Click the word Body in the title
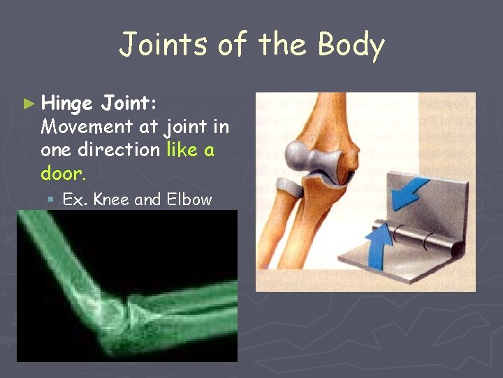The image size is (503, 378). click(351, 45)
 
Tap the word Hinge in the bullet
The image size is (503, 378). click(67, 104)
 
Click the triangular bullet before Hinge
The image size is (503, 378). click(29, 104)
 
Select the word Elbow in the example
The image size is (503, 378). click(188, 199)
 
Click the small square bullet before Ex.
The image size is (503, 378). click(51, 200)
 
